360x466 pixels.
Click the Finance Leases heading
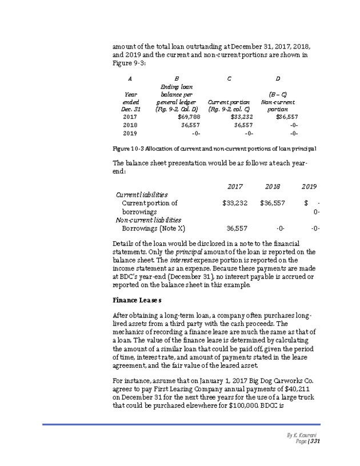137,300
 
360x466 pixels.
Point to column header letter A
130,78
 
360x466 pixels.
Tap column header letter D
277,78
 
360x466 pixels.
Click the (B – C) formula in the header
277,94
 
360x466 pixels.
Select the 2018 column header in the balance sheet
273,186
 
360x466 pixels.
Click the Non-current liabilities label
149,220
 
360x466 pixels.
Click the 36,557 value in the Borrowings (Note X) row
237,228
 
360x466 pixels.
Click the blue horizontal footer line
179,424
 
